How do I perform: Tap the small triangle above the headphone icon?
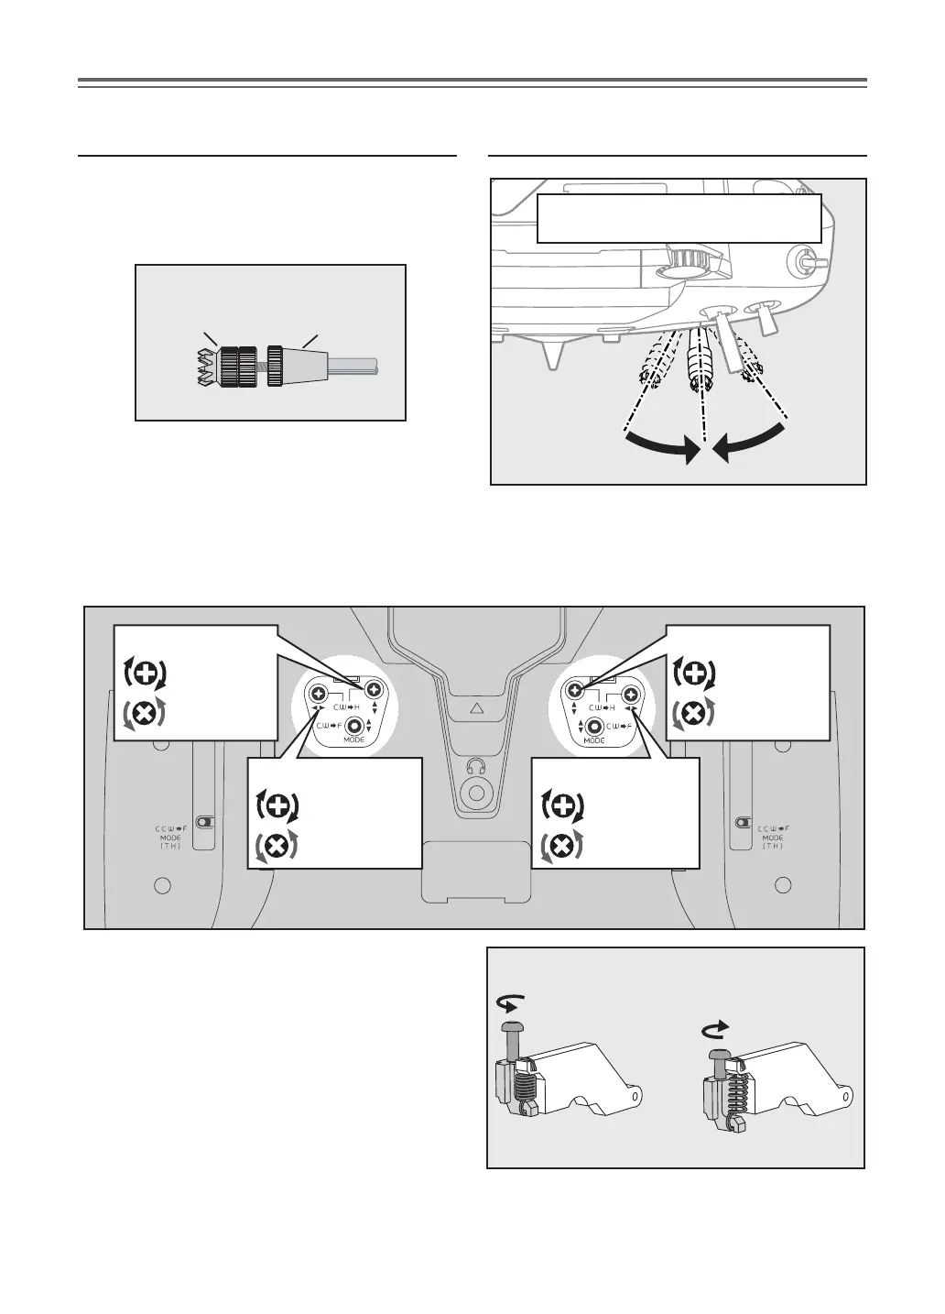click(474, 708)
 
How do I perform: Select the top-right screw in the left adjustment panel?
click(374, 690)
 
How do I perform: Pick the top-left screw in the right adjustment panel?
click(575, 690)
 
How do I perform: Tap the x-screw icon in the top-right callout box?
click(694, 713)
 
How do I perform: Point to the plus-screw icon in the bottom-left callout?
click(280, 806)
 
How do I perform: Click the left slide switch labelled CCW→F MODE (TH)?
click(206, 822)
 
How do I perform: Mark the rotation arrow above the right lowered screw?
click(713, 1030)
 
